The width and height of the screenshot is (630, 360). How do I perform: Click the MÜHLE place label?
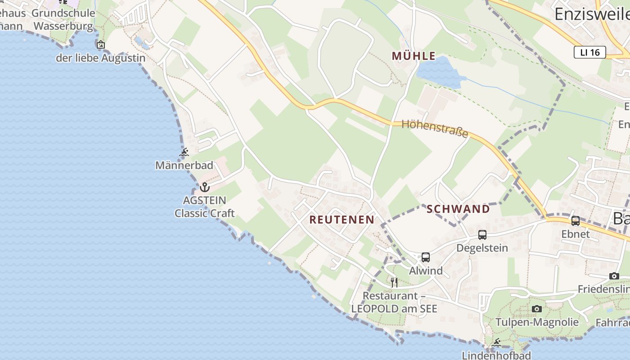(414, 56)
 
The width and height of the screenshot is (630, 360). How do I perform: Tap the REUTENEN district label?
(342, 220)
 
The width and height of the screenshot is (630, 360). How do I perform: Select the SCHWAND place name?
(458, 209)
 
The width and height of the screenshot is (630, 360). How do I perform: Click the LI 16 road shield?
(589, 52)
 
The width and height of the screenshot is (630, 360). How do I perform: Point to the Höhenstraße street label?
(435, 128)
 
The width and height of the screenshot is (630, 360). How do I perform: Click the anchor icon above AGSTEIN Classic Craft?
(205, 187)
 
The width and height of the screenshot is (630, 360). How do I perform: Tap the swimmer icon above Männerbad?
(184, 153)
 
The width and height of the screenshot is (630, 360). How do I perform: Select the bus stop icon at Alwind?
(426, 257)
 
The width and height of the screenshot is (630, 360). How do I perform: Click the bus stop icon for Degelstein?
(482, 234)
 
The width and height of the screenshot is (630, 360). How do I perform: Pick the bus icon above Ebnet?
(576, 221)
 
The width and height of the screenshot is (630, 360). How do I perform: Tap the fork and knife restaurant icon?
(394, 282)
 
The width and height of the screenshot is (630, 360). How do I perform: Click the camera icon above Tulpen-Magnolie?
(536, 309)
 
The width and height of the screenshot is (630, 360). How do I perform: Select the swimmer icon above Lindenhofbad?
(497, 343)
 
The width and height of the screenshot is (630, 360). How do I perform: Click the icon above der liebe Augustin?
(101, 45)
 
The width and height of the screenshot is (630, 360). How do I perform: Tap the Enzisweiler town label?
(591, 14)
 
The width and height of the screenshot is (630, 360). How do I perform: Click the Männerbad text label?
(184, 166)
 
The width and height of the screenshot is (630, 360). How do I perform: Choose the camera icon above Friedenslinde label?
(614, 276)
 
